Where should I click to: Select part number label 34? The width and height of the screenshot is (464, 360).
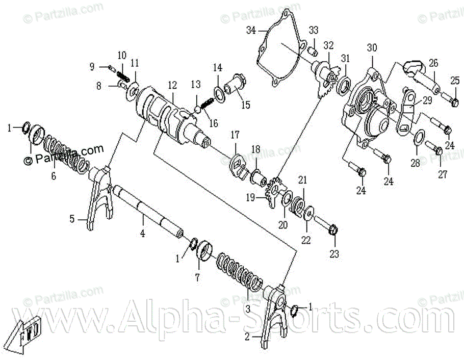pos(250,31)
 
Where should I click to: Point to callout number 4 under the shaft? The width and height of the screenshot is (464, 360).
pos(143,234)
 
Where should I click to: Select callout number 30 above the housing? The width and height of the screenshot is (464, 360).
pos(372,48)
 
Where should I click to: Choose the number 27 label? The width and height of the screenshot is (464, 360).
pos(442,174)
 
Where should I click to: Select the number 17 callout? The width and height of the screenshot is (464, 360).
pos(235,135)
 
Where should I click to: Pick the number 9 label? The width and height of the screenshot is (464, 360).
pos(92,66)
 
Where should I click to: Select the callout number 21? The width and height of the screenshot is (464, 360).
pos(303,180)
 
